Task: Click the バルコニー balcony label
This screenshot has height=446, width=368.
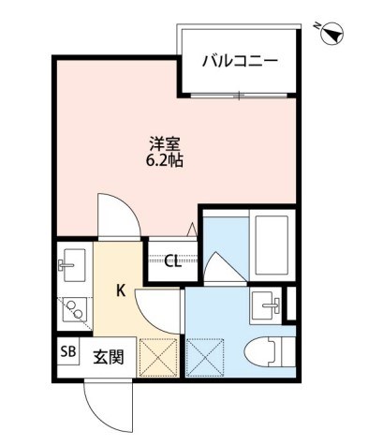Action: click(x=240, y=61)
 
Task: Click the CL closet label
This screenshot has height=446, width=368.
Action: click(x=172, y=260)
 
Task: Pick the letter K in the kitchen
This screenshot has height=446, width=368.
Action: click(x=121, y=290)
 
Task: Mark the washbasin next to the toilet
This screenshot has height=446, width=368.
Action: click(x=269, y=304)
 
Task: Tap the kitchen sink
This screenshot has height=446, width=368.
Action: click(x=71, y=261)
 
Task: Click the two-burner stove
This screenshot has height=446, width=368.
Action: click(x=71, y=307)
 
